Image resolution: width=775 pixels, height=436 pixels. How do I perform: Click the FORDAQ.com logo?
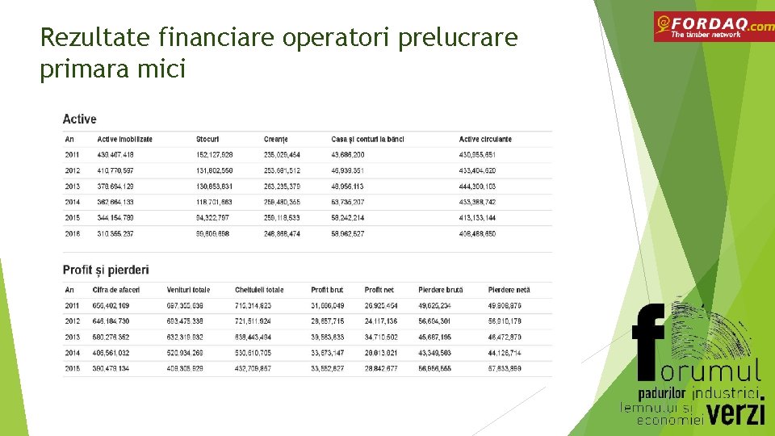(713, 27)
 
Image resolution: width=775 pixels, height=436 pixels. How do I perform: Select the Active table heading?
(79, 119)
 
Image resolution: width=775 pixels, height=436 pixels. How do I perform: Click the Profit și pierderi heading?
(106, 270)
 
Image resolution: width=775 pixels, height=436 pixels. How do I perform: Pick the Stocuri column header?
(207, 139)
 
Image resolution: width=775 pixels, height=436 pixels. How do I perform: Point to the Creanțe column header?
(275, 139)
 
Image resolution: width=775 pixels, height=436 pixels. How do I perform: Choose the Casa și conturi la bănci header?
(367, 139)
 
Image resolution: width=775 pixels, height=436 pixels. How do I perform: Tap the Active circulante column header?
(485, 139)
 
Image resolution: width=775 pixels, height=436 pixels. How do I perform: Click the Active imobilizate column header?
(124, 139)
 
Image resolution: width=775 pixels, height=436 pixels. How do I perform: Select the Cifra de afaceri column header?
(117, 290)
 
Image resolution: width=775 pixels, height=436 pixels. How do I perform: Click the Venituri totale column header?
(188, 290)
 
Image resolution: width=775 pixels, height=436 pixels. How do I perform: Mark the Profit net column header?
(379, 290)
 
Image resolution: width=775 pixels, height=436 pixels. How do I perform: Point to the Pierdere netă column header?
(509, 290)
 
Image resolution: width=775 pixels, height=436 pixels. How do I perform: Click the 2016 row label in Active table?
(73, 234)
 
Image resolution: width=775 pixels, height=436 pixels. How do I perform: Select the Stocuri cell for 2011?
(214, 155)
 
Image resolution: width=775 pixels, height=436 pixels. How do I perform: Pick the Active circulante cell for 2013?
(477, 187)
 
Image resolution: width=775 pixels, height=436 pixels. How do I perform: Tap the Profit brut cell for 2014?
(327, 353)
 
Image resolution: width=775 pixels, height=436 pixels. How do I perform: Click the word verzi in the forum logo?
(737, 413)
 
